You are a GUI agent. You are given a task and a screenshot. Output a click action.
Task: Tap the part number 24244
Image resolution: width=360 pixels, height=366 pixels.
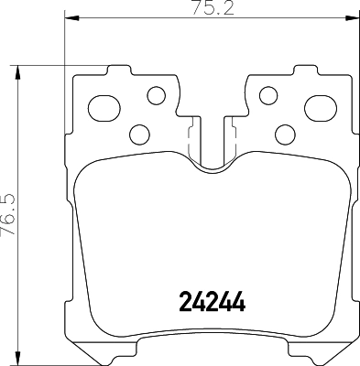tap(212, 301)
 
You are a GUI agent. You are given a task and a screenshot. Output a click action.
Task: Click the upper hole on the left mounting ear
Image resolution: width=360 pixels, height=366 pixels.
tap(156, 94)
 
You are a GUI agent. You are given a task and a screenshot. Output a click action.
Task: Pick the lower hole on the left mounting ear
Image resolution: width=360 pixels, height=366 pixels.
tap(139, 135)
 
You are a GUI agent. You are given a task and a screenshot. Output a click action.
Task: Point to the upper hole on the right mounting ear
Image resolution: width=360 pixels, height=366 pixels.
tap(268, 94)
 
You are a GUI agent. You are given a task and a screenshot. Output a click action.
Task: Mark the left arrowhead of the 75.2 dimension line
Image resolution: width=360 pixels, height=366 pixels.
tap(71, 19)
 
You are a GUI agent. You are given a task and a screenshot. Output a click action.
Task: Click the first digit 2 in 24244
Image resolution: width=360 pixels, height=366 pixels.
tap(181, 301)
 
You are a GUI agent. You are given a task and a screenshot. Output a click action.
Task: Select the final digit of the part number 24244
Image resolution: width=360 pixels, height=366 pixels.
tap(242, 301)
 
